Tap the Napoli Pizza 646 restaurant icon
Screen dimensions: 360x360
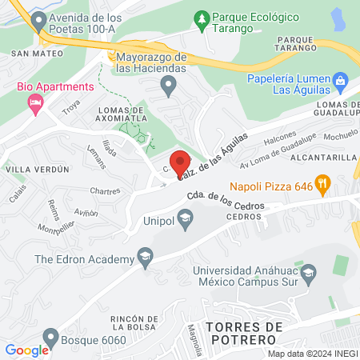tap(322, 185)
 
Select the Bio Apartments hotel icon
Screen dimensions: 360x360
tap(34, 102)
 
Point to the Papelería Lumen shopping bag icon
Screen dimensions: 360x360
tap(341, 79)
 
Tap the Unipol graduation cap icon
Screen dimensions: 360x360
tap(185, 218)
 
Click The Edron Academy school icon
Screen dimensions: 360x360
tap(145, 258)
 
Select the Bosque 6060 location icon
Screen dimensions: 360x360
tap(50, 337)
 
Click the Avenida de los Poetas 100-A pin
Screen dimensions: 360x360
tap(36, 20)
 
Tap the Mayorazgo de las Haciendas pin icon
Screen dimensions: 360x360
tap(168, 85)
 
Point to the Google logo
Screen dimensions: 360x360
tap(26, 350)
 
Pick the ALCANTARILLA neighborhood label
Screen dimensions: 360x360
tap(322, 158)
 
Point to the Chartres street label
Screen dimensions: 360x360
tap(105, 192)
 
